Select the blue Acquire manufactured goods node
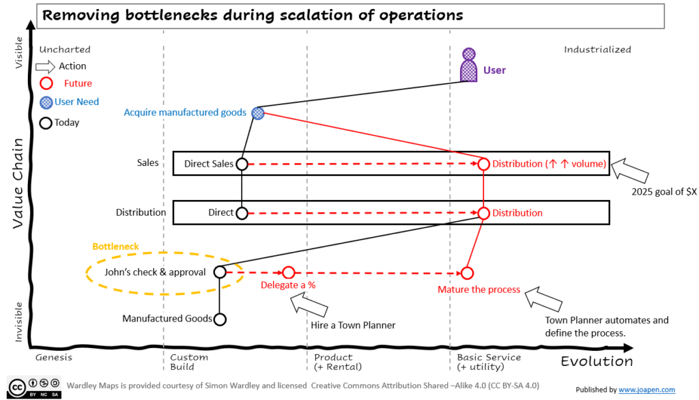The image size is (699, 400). coord(257,113)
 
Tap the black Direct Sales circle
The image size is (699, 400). coord(242,164)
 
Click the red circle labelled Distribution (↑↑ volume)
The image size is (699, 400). coord(483,164)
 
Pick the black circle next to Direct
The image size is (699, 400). coord(242,213)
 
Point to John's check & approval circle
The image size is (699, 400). coord(220,272)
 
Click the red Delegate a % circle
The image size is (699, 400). coord(289,273)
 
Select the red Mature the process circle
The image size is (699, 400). coord(467,273)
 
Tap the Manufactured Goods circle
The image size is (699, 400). coord(219,319)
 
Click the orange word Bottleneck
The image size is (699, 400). coord(115,246)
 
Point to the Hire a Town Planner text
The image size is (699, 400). coord(353,325)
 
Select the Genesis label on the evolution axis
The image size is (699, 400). coord(53,357)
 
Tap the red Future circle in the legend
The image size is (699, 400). coord(46,83)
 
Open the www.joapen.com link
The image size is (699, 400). coord(646,390)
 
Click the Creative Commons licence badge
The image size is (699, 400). coord(34,386)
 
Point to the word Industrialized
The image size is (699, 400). coord(597,50)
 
